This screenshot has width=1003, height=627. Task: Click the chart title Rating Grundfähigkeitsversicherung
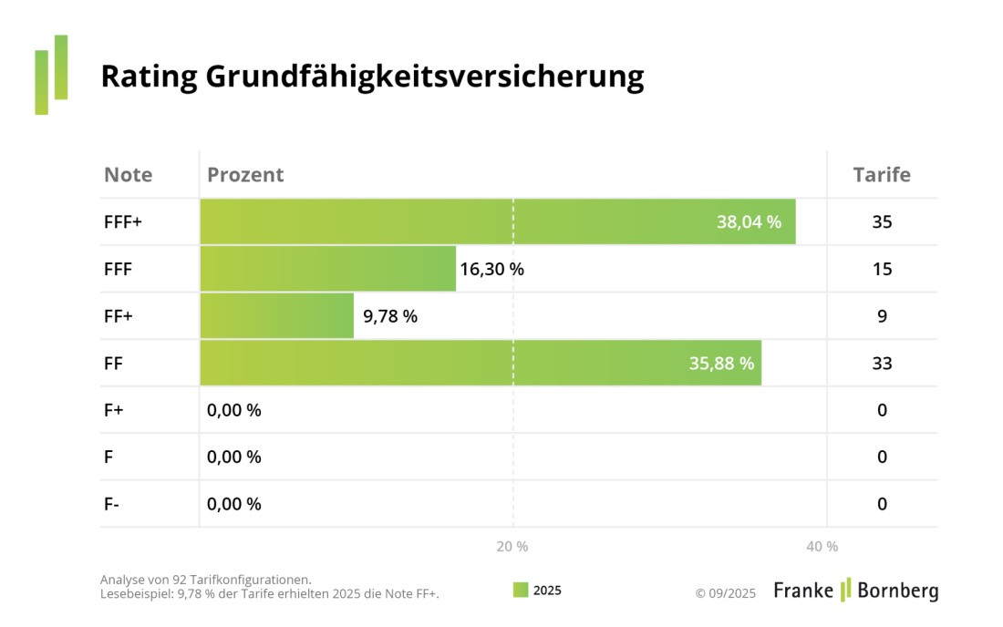point(372,77)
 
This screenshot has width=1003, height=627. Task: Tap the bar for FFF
point(327,269)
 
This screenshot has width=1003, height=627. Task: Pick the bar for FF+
point(276,316)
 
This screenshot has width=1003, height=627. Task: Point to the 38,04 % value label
point(749,222)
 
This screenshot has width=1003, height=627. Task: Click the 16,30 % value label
point(491,270)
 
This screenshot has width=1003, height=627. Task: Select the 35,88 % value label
point(721,364)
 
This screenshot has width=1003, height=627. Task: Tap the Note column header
point(128,175)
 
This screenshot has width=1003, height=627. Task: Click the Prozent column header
point(245,175)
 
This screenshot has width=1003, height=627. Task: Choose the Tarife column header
point(881,175)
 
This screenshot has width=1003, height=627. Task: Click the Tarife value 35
point(882,222)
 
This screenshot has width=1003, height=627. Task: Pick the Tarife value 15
point(882,270)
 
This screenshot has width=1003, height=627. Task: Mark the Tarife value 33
point(882,364)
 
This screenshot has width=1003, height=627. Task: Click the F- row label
point(111,504)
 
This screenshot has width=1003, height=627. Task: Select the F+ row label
point(113,410)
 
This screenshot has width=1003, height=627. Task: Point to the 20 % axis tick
point(512,547)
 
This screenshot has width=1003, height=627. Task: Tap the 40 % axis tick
point(822,547)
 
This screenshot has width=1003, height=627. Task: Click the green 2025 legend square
point(521,590)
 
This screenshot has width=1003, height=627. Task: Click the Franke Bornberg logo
point(855,591)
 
